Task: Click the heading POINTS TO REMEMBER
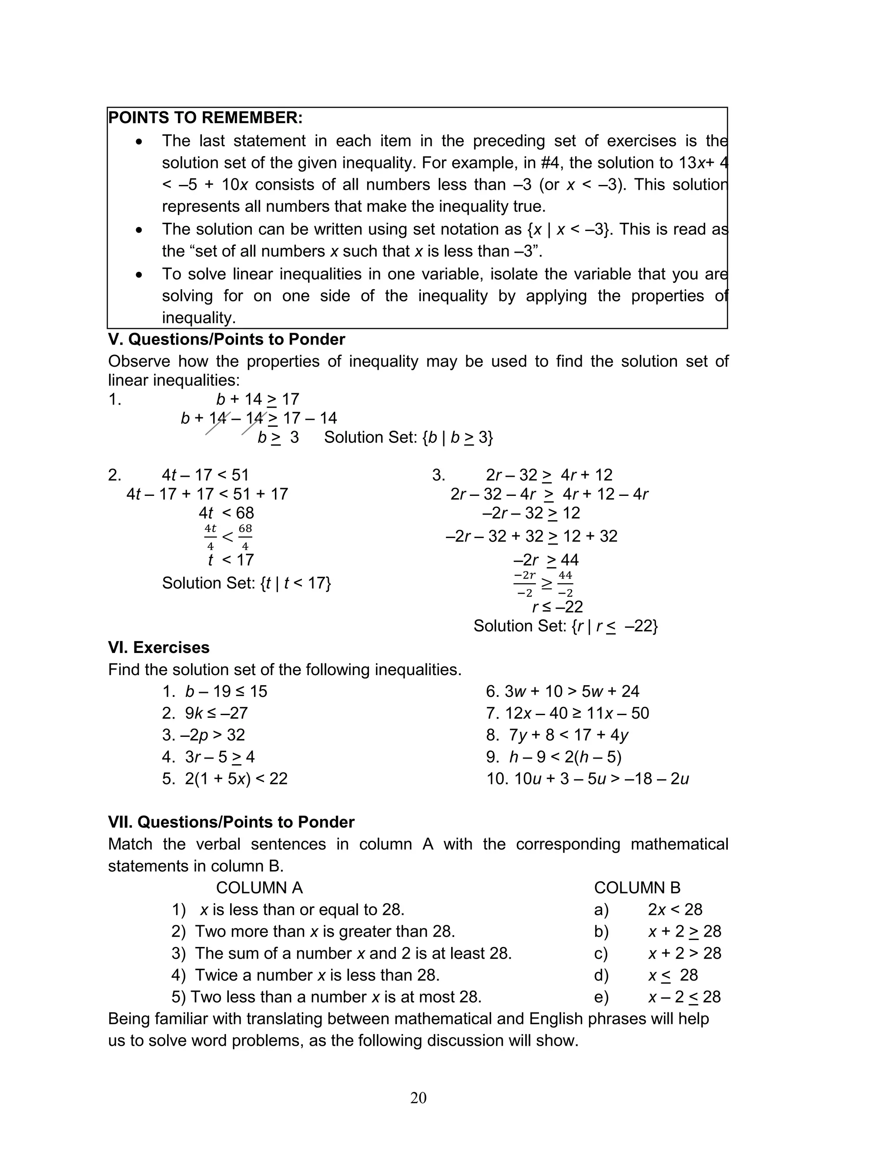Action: pos(205,118)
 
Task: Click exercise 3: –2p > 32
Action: pos(204,735)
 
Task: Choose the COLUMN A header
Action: pos(259,887)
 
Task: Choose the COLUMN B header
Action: pos(636,887)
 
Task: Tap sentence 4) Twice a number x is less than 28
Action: pos(305,975)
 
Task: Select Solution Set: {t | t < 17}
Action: pos(246,583)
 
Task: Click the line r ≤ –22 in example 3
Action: pos(557,606)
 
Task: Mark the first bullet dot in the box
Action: pos(139,141)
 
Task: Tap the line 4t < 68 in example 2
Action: pos(227,513)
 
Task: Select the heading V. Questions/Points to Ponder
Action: pos(227,339)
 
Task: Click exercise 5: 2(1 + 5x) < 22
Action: pos(225,779)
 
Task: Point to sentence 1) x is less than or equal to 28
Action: pos(288,910)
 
